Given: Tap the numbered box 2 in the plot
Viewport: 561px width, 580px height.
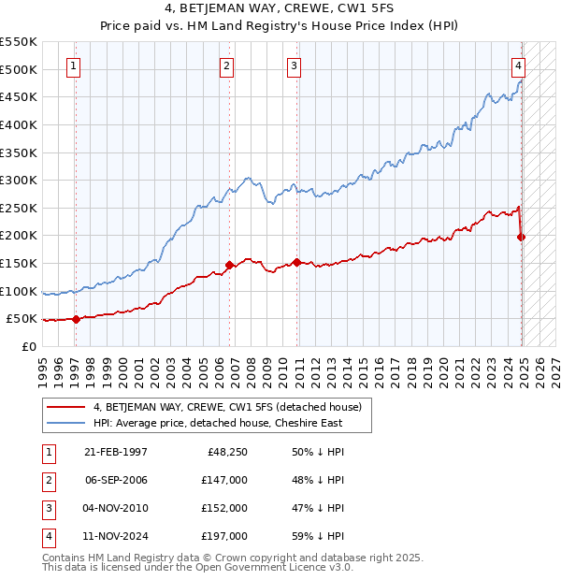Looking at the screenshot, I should (227, 65).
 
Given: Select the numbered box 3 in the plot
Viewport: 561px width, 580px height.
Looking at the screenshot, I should (294, 65).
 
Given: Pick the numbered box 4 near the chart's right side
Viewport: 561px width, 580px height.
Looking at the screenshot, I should (518, 65).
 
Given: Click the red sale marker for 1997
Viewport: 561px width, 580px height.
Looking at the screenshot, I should (76, 320).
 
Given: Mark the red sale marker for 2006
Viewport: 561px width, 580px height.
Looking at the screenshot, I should (229, 265).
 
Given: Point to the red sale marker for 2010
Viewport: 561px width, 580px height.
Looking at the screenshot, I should (296, 262).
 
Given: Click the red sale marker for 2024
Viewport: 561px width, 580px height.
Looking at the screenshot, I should (522, 238).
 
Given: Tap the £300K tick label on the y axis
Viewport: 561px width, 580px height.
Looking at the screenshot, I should (19, 180).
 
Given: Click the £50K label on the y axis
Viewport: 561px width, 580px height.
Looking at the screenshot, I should (22, 319).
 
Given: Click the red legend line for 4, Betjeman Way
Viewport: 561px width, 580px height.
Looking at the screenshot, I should (66, 406).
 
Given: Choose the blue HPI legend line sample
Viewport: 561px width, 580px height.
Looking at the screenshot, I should (66, 423).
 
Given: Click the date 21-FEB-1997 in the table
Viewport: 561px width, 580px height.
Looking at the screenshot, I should (116, 452).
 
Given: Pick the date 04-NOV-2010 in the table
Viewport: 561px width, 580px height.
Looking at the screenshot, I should (116, 508).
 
